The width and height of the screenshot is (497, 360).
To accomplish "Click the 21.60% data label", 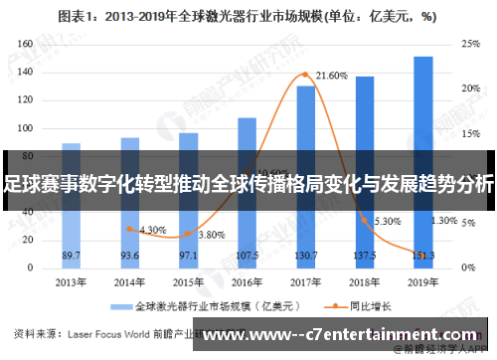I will (x=331, y=76).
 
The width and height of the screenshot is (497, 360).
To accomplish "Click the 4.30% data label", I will (x=152, y=230).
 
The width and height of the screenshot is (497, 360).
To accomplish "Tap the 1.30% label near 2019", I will (x=444, y=221).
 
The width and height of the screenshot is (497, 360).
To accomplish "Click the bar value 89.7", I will (x=71, y=256).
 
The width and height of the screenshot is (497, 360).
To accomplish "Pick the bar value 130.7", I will (x=305, y=256).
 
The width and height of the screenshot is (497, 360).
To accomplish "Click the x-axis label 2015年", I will (x=188, y=281).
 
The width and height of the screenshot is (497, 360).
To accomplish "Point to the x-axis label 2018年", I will (x=364, y=281).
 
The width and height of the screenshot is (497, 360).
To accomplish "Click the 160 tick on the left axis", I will (x=26, y=44).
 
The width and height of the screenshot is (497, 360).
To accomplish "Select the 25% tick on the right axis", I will (x=469, y=44).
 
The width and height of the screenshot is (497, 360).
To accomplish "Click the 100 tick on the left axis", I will (x=26, y=130).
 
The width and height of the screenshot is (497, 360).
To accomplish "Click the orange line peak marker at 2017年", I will (x=305, y=75).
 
